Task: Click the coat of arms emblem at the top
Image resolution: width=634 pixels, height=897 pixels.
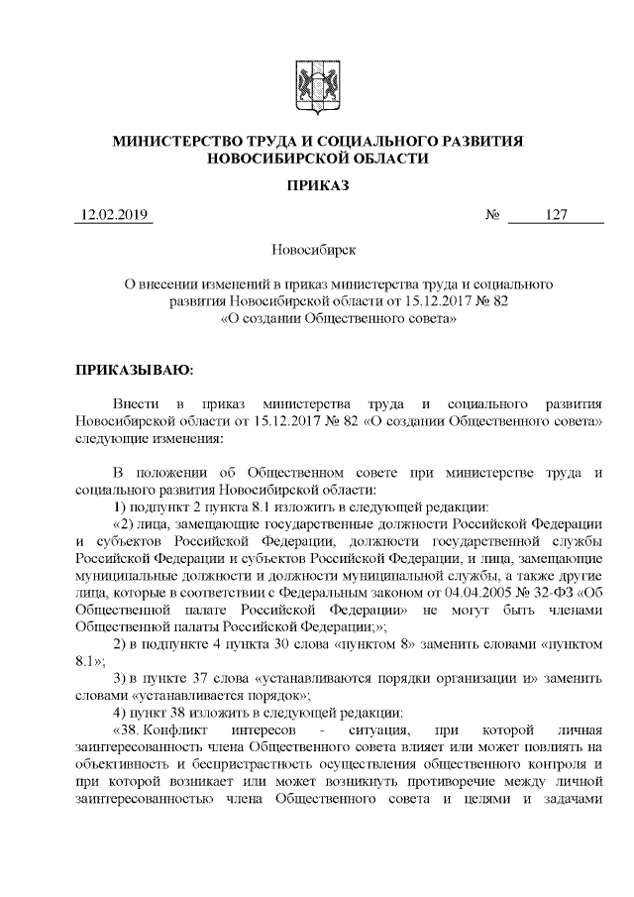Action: click(x=316, y=82)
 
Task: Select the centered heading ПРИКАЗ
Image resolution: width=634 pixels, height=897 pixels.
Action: click(x=317, y=185)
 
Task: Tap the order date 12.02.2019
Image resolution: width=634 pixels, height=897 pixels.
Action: click(x=112, y=215)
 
